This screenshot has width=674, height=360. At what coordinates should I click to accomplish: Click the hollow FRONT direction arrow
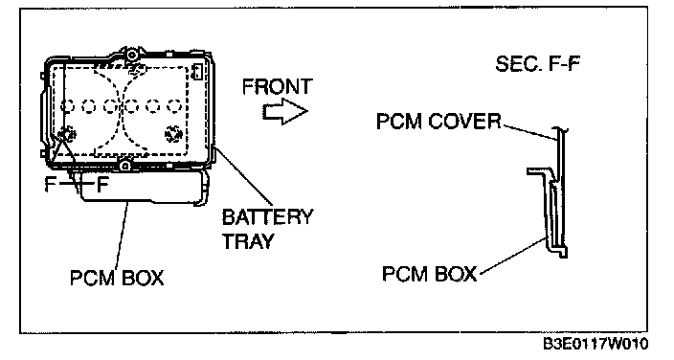[285, 111]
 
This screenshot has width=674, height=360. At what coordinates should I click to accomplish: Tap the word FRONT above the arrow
[278, 86]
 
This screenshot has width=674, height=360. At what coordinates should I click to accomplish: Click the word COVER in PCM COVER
[464, 122]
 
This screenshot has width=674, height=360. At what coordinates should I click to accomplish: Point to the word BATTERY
[268, 217]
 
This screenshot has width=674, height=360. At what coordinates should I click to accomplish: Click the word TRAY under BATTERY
[248, 241]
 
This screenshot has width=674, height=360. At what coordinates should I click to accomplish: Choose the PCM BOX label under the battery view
[117, 278]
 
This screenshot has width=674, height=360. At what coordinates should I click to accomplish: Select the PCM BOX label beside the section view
[430, 274]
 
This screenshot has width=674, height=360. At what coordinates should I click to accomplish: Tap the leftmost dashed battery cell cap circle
[68, 106]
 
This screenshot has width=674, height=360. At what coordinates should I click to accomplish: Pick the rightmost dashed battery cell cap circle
[173, 106]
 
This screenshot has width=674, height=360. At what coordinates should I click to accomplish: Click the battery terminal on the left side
[67, 135]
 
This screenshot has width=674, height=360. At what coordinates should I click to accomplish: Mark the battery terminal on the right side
[173, 134]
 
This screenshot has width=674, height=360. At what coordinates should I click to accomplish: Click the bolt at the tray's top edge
[132, 55]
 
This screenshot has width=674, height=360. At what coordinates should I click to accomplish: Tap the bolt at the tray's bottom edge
[125, 165]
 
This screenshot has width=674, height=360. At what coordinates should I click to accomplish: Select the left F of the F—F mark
[51, 185]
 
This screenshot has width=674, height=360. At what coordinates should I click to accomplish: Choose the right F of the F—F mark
[102, 185]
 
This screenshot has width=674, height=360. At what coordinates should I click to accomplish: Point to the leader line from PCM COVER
[530, 132]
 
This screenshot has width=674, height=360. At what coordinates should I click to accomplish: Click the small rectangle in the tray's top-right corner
[198, 71]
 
